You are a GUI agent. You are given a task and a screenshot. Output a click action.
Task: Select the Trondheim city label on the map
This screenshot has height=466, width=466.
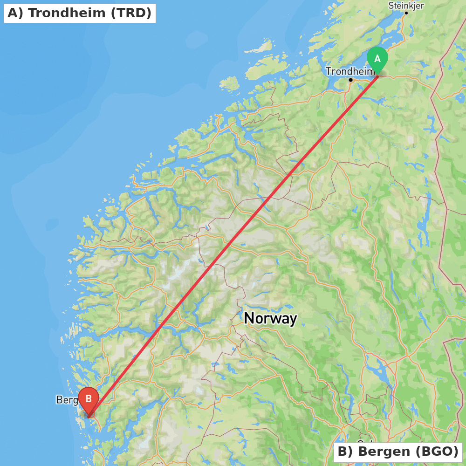[349, 71]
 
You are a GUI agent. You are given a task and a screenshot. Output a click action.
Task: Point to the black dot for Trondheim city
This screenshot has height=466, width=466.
[350, 80]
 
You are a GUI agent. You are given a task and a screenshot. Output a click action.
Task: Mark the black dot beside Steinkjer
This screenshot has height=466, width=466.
[406, 13]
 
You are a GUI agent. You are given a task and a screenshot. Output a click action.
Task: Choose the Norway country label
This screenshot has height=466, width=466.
[270, 318]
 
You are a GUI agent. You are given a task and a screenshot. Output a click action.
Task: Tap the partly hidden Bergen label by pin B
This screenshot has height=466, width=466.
[66, 400]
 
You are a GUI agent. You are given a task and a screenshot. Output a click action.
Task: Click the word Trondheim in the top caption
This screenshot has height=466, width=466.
[67, 13]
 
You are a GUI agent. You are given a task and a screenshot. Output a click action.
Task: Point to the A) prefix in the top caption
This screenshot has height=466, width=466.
[15, 13]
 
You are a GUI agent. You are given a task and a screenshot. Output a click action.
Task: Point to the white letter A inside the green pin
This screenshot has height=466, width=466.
[377, 58]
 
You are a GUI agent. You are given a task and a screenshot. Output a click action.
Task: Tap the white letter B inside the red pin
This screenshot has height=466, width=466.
[89, 399]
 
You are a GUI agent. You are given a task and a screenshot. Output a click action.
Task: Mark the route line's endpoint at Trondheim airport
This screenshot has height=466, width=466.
[377, 75]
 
